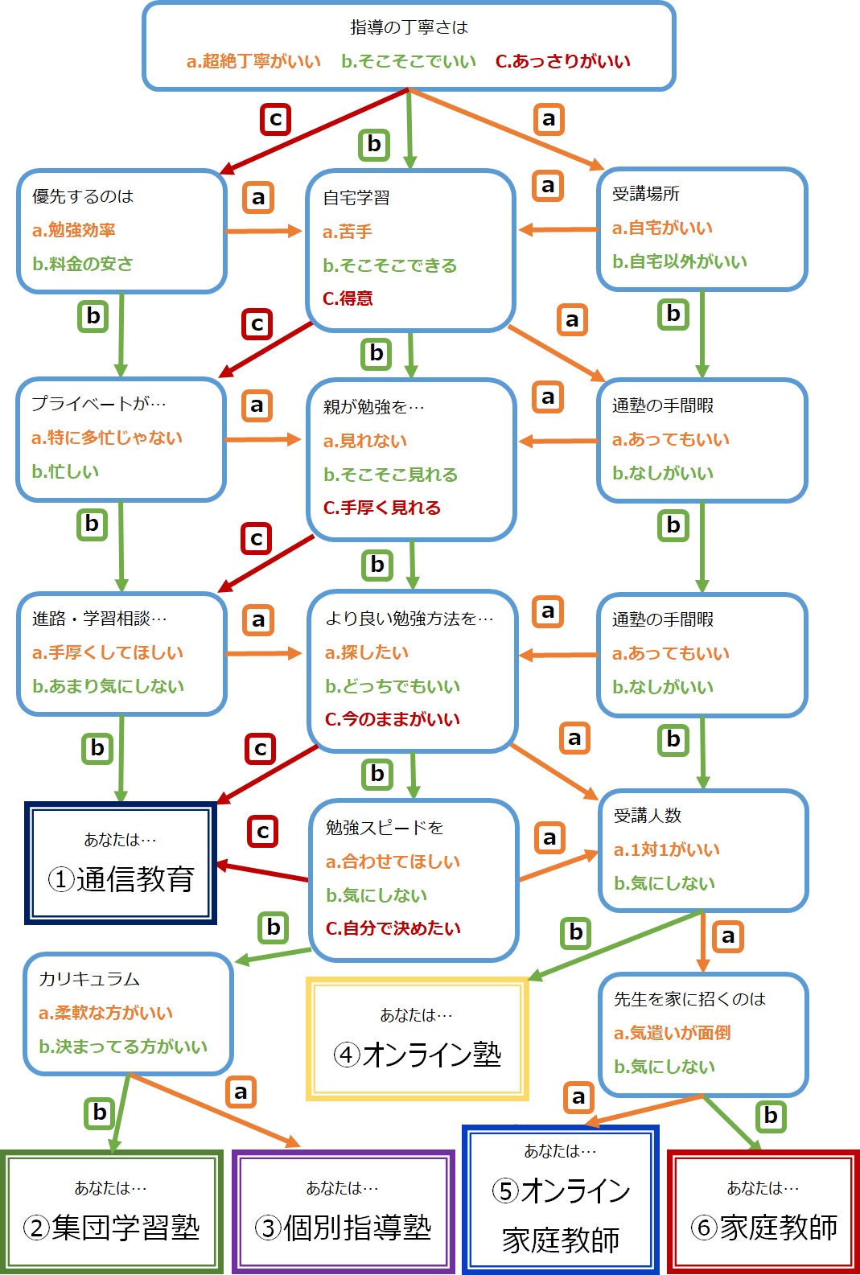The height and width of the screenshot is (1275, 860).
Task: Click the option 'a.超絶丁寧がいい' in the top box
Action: coord(254,61)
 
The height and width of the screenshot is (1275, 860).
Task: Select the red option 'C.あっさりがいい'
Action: coord(563,61)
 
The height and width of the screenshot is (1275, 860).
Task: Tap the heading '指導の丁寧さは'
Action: coord(409,27)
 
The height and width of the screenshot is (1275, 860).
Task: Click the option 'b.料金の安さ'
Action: coord(83,264)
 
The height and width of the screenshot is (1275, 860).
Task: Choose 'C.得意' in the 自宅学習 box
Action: coord(348,298)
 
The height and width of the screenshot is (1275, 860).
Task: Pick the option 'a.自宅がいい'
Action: coord(663,228)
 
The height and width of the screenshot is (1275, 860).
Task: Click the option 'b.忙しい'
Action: coord(65,471)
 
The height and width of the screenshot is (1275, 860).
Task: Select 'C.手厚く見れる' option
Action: coord(382,507)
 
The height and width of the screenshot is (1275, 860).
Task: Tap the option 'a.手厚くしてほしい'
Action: coord(108,652)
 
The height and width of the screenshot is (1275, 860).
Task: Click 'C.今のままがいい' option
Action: coord(392,719)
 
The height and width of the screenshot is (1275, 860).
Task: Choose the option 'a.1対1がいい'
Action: coord(666,849)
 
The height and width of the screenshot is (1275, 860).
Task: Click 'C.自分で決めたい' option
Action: coord(393,928)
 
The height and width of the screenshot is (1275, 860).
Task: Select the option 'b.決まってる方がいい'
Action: coord(123,1047)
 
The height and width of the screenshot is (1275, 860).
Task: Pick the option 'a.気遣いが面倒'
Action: coord(673,1033)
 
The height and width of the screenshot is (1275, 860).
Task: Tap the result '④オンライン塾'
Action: coord(418,1039)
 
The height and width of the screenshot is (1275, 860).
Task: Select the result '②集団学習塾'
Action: coord(112,1211)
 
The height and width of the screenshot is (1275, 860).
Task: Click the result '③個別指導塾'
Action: coord(344,1211)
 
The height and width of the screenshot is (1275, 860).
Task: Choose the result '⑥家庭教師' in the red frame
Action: coord(763,1211)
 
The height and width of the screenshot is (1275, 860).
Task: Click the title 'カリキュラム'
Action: coord(88,979)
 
